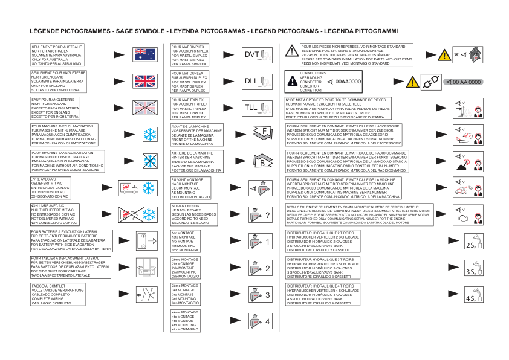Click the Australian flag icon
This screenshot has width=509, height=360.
click(144, 54)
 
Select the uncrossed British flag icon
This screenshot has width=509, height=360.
click(144, 81)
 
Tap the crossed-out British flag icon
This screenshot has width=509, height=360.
click(144, 108)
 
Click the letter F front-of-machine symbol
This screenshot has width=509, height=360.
click(261, 133)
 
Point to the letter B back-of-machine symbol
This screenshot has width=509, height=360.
click(261, 161)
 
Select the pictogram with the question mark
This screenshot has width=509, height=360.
click(261, 214)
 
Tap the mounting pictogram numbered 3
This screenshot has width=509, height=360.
click(261, 295)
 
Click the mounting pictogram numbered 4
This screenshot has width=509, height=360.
click(261, 321)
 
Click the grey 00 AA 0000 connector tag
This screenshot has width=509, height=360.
click(464, 82)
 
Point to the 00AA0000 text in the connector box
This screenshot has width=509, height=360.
click(348, 81)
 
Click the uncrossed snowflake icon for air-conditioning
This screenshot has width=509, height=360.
click(144, 134)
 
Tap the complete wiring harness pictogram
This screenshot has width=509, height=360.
click(144, 294)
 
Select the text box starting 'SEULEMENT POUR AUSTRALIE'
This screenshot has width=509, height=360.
click(57, 54)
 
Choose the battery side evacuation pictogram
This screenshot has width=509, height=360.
click(144, 240)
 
